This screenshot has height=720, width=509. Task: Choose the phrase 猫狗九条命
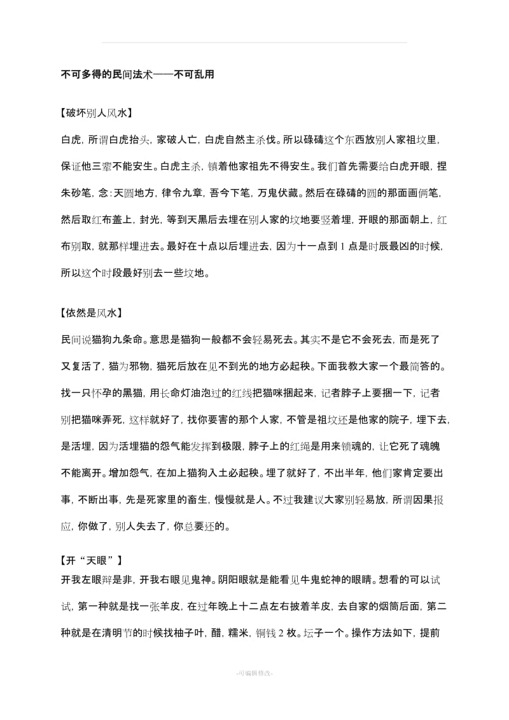120,339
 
